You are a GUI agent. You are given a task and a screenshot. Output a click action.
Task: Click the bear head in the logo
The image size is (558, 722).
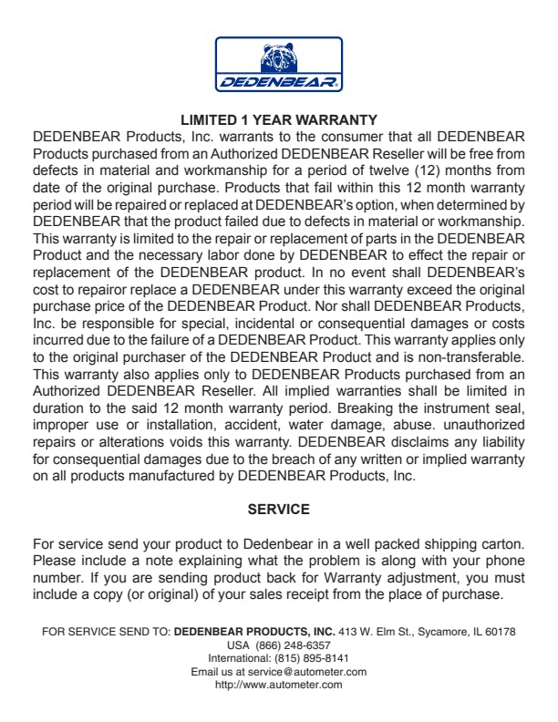278,59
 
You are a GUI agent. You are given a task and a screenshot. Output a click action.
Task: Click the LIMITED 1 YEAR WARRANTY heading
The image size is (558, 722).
278,119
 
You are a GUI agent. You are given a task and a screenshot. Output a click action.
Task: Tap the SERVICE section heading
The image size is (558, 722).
279,509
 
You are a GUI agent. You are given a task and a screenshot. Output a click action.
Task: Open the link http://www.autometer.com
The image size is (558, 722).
278,686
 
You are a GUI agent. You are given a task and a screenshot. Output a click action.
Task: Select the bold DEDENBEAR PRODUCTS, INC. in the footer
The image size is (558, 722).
254,631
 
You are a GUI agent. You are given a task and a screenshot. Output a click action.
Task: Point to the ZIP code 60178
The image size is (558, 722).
501,631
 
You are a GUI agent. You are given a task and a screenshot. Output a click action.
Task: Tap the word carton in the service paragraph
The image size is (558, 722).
504,545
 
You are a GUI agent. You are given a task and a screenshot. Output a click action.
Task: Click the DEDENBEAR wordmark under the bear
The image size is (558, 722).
278,83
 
